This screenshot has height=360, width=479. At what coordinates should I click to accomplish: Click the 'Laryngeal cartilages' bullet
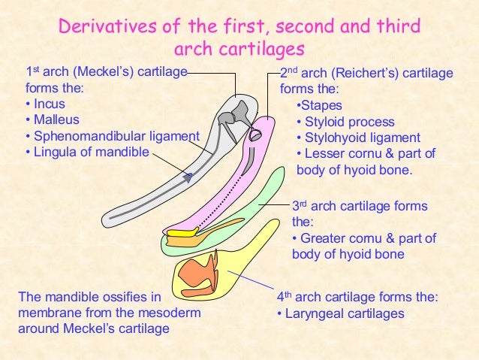click(x=344, y=313)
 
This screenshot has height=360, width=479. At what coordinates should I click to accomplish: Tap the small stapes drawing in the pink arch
click(x=255, y=135)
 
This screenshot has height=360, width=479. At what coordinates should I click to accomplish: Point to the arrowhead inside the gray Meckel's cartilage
click(x=188, y=177)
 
